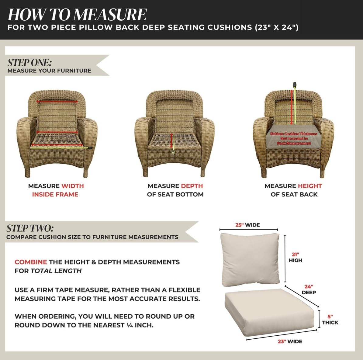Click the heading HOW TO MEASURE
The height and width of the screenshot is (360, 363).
click(77, 14)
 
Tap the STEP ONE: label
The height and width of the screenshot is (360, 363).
click(29, 63)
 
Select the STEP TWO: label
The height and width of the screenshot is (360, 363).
click(30, 228)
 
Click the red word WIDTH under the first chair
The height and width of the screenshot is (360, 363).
click(72, 186)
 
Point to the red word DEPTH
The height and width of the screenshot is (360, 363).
click(192, 186)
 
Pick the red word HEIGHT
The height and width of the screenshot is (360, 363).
click(310, 186)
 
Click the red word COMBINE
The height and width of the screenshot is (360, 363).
click(31, 262)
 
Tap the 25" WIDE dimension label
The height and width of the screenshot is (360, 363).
click(247, 225)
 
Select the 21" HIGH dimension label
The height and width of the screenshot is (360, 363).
click(296, 257)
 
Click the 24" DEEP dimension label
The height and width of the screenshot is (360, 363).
click(309, 289)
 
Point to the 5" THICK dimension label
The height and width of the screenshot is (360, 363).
click(330, 320)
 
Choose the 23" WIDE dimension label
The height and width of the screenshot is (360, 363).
click(290, 341)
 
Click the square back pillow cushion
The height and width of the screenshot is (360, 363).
click(250, 260)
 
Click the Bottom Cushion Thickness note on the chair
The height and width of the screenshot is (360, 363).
click(294, 138)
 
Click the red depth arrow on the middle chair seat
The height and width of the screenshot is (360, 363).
click(171, 140)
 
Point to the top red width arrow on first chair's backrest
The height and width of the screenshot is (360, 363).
click(57, 101)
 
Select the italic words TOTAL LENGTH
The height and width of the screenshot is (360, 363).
click(56, 271)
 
